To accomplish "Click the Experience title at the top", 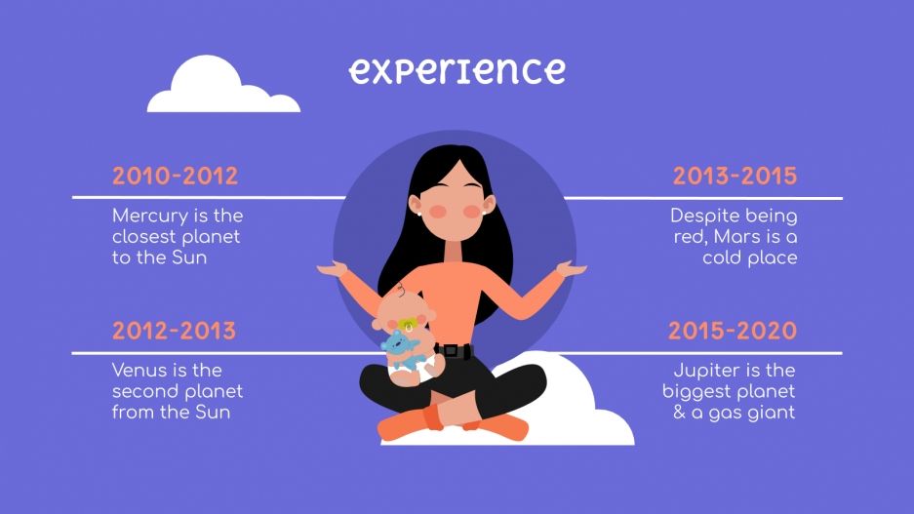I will tap(457, 70).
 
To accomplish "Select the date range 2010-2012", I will tap(175, 177).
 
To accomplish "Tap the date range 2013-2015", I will tap(735, 177).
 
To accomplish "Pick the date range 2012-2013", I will tap(174, 331).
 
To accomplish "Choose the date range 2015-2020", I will tap(733, 331).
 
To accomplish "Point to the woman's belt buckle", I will tap(450, 350).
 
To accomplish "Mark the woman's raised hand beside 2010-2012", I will tap(331, 268).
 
